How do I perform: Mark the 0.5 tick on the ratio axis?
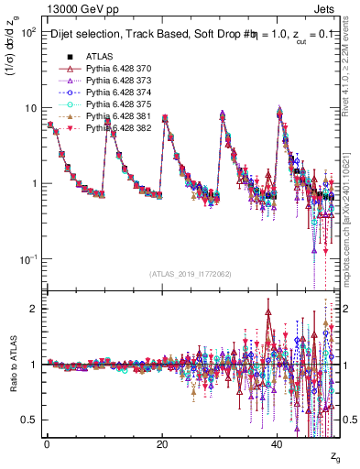coord(27,420)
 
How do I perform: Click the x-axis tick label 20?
coord(162,444)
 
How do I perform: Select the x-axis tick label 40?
coord(278,444)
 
